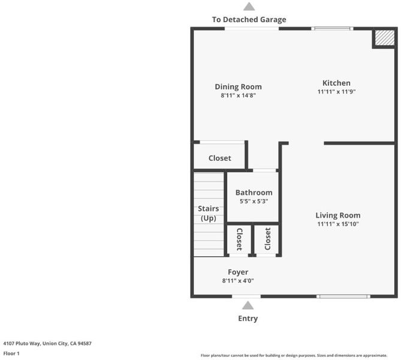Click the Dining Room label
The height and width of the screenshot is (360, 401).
point(238,87)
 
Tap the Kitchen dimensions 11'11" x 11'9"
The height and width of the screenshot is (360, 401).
point(336,92)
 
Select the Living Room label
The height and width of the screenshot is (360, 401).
point(338,215)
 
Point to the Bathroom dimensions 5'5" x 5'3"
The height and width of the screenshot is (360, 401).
point(254,201)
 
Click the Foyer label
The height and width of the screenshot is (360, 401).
point(238,272)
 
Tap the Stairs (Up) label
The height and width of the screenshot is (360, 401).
point(209,213)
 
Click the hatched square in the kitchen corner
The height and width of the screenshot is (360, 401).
point(385,38)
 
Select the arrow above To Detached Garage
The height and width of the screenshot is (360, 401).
point(249,7)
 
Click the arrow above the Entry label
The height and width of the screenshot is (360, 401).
point(248,305)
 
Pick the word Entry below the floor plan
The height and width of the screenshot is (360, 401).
point(248,318)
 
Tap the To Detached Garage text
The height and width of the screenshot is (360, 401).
point(249,19)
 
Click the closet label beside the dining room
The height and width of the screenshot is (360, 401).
point(219,158)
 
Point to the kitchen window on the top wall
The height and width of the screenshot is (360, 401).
point(332,29)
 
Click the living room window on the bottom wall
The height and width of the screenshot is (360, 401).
point(343,296)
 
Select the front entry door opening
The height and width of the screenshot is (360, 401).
point(246,296)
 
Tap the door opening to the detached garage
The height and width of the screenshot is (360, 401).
point(252,29)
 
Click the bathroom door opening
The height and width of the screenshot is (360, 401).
point(264,170)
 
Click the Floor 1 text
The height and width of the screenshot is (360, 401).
point(11,353)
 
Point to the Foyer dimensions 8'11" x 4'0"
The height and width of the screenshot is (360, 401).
point(238,281)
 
